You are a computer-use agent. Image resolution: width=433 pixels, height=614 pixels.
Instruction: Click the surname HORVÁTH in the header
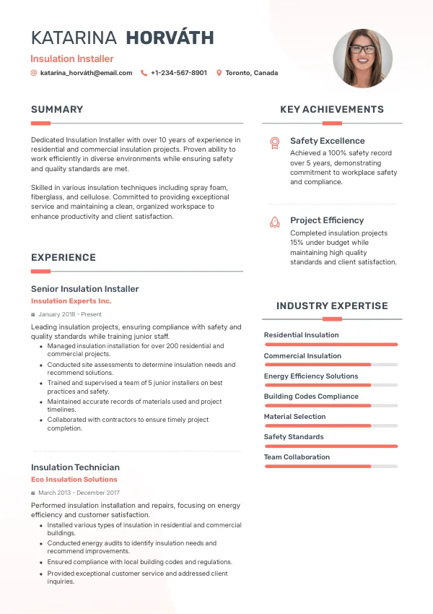point(170,38)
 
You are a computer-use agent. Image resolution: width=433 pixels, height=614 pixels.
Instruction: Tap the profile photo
point(362,59)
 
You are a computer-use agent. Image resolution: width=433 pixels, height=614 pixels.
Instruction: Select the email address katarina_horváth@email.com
point(86,73)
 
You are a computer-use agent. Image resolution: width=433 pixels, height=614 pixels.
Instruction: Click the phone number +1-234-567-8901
point(178,73)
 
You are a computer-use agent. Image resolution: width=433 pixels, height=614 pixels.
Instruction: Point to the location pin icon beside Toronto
point(219,73)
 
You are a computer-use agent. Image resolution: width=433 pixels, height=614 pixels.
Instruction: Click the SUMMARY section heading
point(57,110)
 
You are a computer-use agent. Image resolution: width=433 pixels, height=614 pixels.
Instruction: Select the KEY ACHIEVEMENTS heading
point(332,110)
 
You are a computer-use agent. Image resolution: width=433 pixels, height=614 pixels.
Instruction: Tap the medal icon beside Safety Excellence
point(274,142)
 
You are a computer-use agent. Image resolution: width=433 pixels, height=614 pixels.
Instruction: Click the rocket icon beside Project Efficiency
point(274,222)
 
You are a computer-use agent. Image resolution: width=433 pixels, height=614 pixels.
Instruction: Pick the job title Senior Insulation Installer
point(84,289)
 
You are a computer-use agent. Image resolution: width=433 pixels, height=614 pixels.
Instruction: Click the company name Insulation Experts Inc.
point(71,301)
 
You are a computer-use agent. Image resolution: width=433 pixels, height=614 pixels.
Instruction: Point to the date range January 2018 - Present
point(70,315)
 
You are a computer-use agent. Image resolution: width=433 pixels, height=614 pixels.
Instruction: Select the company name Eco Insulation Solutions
point(74,480)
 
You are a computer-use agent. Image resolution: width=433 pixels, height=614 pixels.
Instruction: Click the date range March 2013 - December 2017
point(79,493)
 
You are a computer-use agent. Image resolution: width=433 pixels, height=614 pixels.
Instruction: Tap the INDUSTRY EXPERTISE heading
point(332,306)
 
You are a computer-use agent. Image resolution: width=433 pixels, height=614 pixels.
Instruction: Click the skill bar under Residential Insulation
point(331,345)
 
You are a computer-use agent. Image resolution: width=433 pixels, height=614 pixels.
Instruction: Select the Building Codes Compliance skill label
point(311,397)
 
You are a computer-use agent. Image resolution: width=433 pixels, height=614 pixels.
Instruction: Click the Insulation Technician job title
point(75,467)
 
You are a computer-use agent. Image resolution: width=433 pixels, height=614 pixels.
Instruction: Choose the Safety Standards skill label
point(294,437)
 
